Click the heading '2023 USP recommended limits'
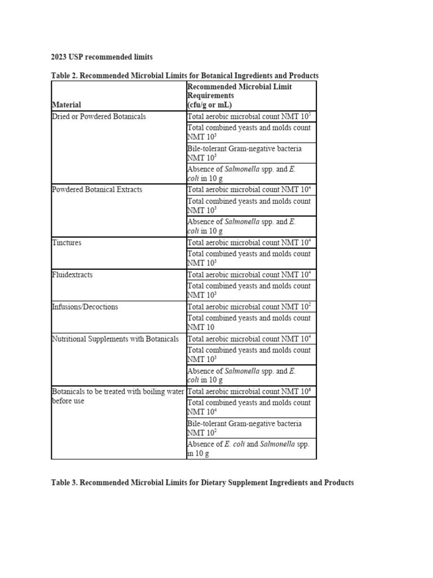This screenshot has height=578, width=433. (x=101, y=57)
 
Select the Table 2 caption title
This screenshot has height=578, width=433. (x=184, y=76)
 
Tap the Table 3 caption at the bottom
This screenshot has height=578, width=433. (x=202, y=483)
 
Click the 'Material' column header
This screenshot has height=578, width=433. (x=67, y=104)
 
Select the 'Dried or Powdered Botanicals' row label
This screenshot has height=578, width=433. (x=99, y=116)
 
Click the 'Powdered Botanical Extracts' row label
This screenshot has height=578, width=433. (x=97, y=190)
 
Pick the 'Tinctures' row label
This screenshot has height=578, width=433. (x=67, y=243)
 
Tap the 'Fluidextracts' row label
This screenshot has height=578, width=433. (x=72, y=275)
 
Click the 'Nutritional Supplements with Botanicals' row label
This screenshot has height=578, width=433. (x=115, y=339)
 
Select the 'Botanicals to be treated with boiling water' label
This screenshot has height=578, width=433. (x=118, y=396)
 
